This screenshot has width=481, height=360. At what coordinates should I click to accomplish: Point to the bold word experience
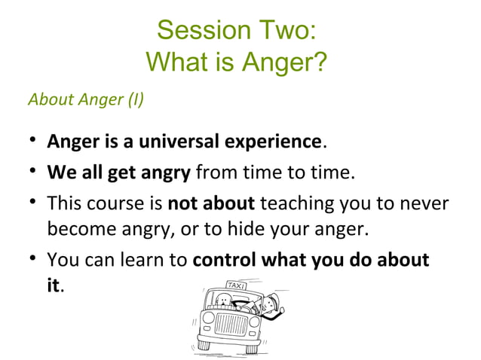tap(271, 141)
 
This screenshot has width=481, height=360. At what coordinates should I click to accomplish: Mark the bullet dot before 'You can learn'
tap(30, 261)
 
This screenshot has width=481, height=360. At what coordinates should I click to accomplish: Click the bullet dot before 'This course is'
tap(30, 204)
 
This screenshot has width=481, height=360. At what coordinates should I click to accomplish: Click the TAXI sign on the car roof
tap(237, 286)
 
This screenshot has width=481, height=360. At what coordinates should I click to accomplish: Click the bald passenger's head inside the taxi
tap(222, 301)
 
